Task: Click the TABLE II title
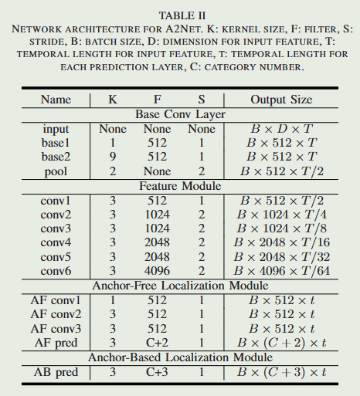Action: click(180, 15)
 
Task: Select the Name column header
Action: click(56, 100)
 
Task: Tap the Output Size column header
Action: click(281, 100)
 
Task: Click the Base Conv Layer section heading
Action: click(179, 114)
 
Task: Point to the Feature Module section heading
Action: click(179, 186)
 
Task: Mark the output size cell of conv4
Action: click(281, 242)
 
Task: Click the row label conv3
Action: click(56, 228)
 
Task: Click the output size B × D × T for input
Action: click(281, 129)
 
